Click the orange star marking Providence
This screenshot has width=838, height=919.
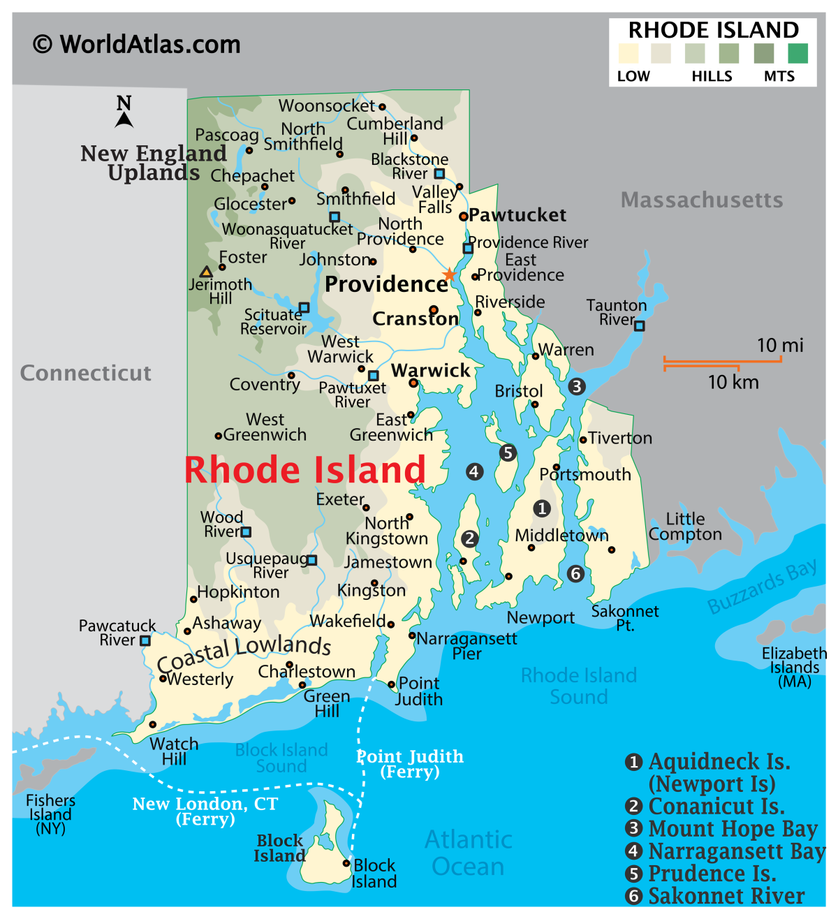(x=450, y=274)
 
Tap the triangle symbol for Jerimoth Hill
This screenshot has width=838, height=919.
(x=206, y=272)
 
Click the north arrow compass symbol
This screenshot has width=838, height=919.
(x=124, y=113)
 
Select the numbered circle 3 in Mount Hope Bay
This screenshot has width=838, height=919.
(x=576, y=386)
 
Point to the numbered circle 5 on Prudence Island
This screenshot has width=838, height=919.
(x=508, y=453)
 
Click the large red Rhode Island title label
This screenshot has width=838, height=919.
(x=304, y=469)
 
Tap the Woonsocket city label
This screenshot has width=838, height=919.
(x=327, y=106)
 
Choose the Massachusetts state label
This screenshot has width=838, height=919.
(x=701, y=200)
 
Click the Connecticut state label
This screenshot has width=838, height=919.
(x=85, y=373)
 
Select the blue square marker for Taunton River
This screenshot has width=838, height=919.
(x=639, y=325)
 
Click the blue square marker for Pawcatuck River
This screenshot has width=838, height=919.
(x=145, y=640)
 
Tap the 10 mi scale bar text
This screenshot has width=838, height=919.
(x=780, y=345)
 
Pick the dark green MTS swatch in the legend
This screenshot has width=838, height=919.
(x=797, y=54)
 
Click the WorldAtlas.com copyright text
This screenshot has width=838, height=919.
(x=137, y=45)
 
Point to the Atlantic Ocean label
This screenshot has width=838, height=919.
(x=469, y=853)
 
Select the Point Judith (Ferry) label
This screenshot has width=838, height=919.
(x=410, y=763)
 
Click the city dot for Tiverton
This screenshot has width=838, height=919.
(x=583, y=439)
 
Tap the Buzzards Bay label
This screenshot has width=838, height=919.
(x=762, y=587)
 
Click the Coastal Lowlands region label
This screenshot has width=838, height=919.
(x=244, y=651)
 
